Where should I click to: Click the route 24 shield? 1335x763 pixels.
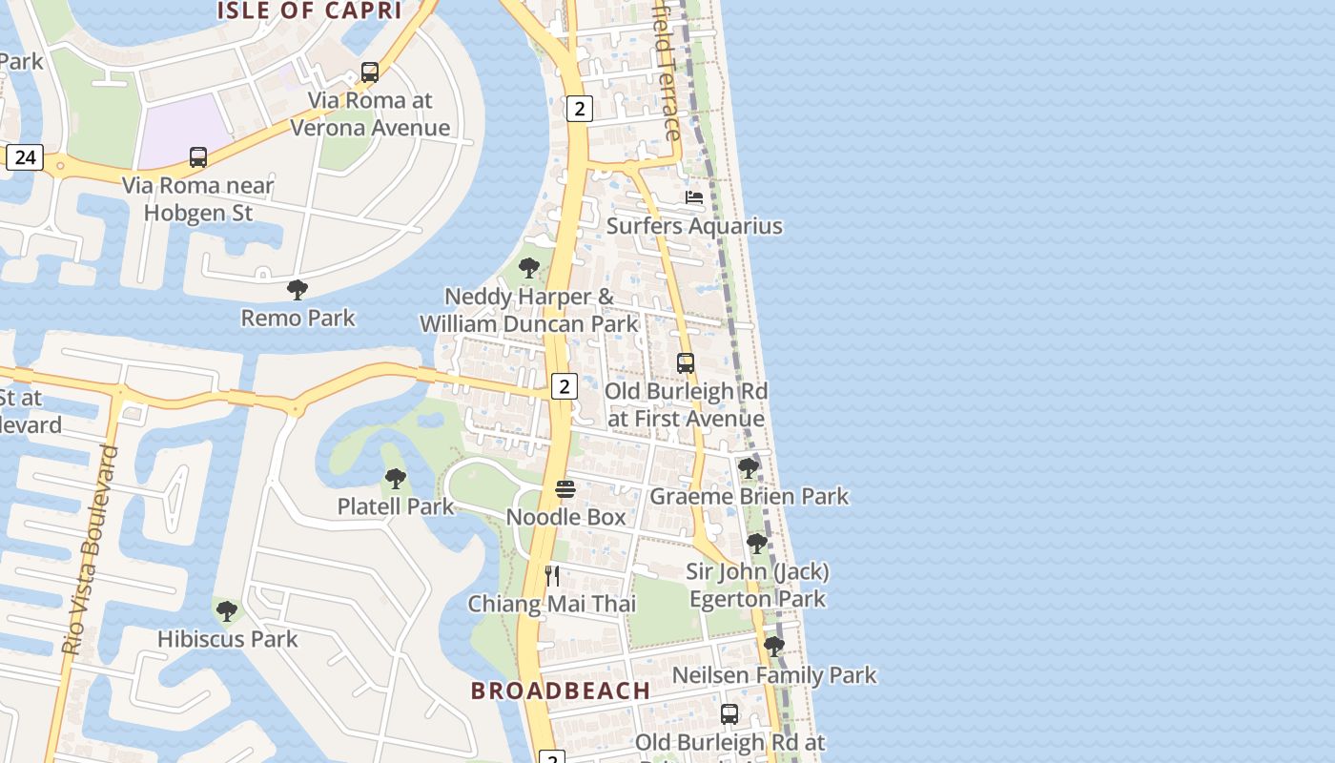tap(25, 156)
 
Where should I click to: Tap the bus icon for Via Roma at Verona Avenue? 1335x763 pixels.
tap(370, 72)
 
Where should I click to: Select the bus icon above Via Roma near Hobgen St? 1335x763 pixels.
tap(198, 157)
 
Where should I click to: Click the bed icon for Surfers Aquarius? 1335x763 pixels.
tap(694, 197)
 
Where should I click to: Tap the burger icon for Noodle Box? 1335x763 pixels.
tap(565, 489)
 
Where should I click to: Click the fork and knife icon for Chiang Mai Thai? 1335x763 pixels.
tap(552, 575)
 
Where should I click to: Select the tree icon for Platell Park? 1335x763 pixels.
tap(396, 479)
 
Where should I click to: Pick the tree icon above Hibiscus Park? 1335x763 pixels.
tap(227, 611)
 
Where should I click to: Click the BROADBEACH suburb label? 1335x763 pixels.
tap(561, 691)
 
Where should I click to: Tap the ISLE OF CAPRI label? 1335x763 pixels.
tap(309, 11)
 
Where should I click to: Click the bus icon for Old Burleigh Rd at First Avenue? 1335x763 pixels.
tap(686, 363)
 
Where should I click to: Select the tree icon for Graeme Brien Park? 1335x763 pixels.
tap(749, 468)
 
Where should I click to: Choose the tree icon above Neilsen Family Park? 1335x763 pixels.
tap(774, 647)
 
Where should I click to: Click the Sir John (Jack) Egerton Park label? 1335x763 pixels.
tap(758, 586)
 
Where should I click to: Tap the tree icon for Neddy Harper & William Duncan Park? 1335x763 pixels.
tap(528, 268)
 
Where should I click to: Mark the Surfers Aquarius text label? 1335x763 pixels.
tap(694, 226)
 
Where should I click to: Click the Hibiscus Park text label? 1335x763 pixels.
tap(228, 639)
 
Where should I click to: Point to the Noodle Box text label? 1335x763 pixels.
tap(565, 517)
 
